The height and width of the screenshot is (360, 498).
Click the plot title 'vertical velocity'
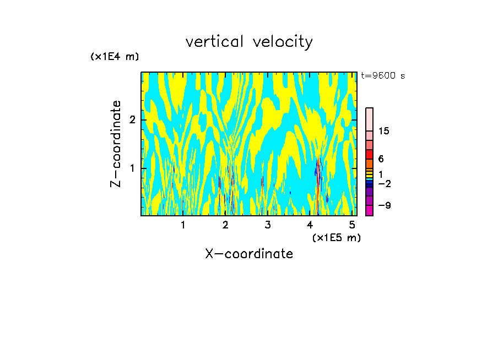click(x=249, y=42)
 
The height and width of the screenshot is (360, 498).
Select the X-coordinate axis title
click(x=249, y=254)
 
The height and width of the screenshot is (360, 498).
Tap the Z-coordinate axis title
click(x=116, y=144)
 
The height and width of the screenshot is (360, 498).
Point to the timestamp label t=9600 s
click(x=383, y=76)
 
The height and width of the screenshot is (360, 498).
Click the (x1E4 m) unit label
click(x=115, y=57)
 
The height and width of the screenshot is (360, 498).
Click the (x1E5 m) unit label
click(x=336, y=237)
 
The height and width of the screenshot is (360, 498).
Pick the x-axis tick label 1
click(x=183, y=225)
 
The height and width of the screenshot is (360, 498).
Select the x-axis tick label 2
click(x=225, y=225)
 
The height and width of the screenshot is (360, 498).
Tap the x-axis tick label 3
click(x=268, y=225)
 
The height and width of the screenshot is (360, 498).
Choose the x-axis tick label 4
click(x=310, y=225)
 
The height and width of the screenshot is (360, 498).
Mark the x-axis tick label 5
click(x=353, y=225)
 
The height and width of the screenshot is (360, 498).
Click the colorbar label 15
click(x=384, y=131)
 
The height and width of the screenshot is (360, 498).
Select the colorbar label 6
click(x=381, y=159)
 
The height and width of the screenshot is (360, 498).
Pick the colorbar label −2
click(x=383, y=183)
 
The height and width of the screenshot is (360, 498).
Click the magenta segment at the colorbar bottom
click(x=369, y=210)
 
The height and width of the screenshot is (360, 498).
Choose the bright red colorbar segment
click(x=369, y=154)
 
